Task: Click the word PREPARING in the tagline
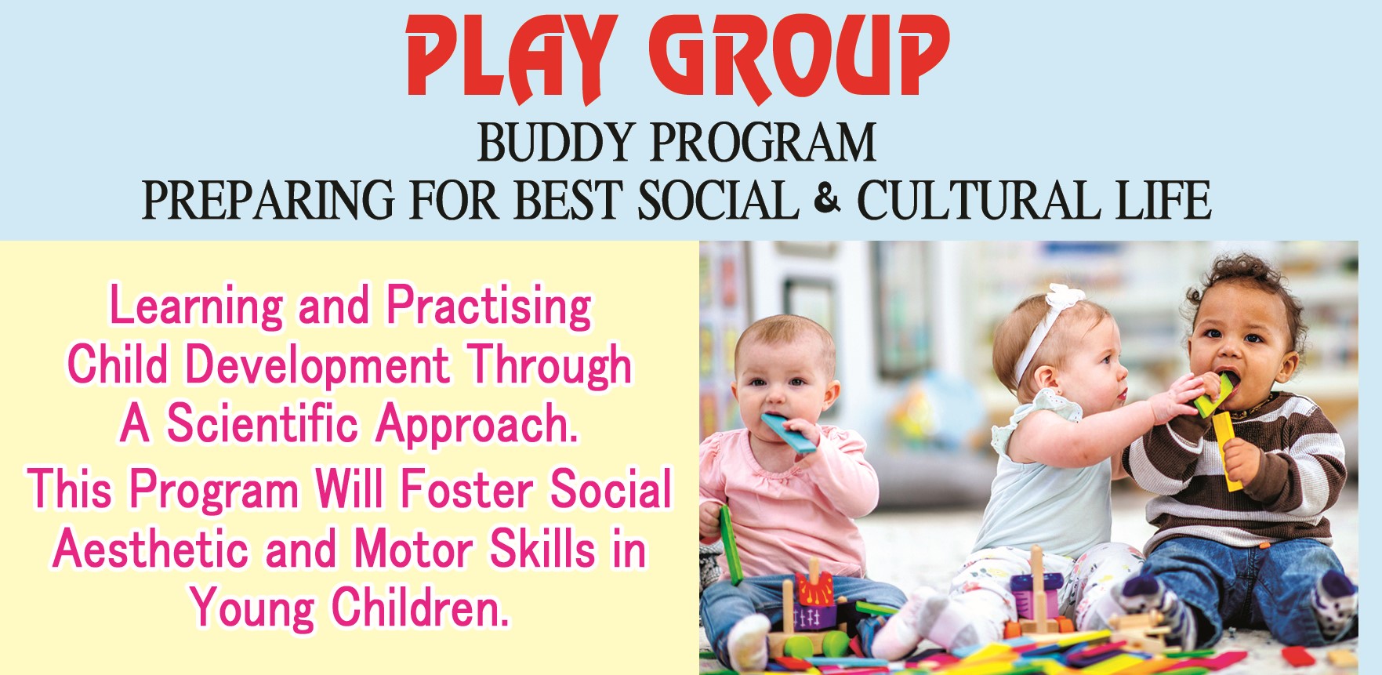(x=268, y=200)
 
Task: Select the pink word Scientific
(x=262, y=423)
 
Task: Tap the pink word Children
(x=420, y=608)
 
